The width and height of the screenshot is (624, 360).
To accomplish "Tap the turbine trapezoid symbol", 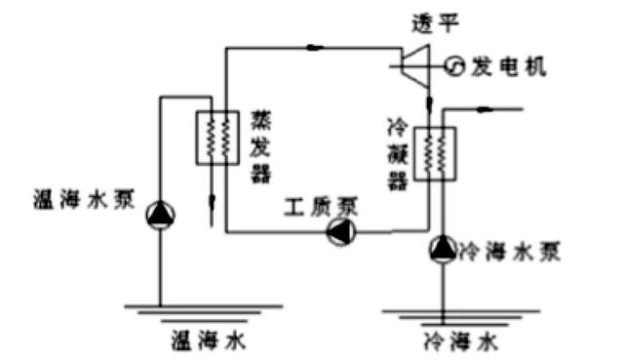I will coord(417,65).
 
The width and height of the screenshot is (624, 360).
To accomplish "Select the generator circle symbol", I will coord(454,65).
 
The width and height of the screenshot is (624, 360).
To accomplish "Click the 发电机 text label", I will coord(508,66).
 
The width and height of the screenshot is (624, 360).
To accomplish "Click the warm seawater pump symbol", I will coord(160,215).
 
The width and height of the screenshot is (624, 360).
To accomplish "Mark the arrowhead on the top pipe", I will coord(317,45).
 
